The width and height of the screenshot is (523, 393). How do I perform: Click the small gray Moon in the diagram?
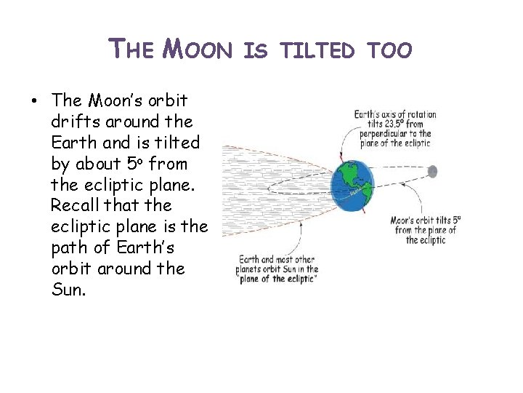point(432,171)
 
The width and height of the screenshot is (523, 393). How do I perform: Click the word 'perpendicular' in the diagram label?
point(378,134)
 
